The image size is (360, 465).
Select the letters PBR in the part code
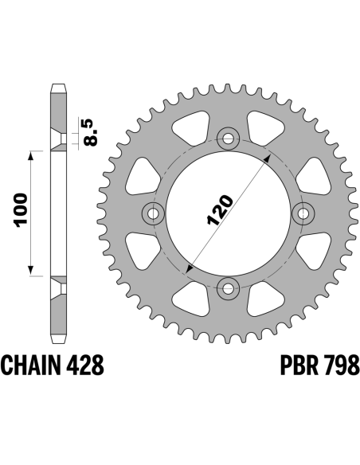[299, 365]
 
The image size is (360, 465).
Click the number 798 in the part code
[341, 365]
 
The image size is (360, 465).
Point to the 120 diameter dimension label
[221, 209]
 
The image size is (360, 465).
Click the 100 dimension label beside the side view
[22, 210]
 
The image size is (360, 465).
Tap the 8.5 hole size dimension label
[90, 132]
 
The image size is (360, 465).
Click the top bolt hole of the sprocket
[228, 139]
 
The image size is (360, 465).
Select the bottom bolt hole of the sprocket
[228, 288]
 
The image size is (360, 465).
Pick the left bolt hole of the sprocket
[153, 213]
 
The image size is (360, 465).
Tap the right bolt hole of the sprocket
[303, 213]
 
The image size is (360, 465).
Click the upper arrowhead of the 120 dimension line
[268, 158]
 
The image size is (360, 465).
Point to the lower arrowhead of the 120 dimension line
[190, 268]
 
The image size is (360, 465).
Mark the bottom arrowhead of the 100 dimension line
[30, 270]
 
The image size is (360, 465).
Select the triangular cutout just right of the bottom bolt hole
[264, 299]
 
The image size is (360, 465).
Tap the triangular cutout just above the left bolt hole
[143, 176]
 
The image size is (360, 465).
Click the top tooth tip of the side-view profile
[58, 85]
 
